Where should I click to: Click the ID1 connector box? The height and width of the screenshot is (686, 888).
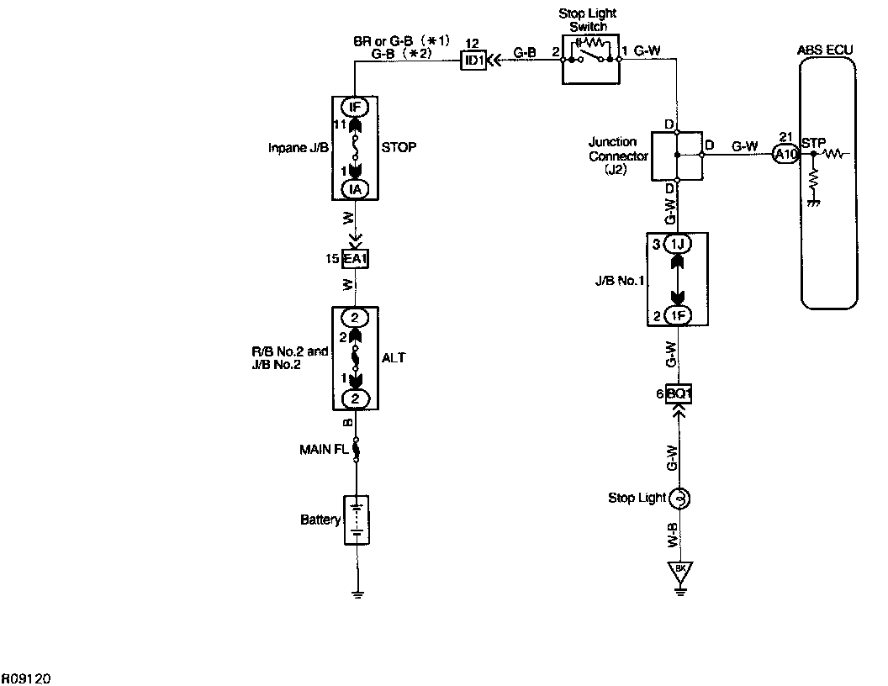473,60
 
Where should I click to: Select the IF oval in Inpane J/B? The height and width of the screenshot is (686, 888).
355,107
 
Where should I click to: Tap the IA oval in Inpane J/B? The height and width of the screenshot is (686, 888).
355,190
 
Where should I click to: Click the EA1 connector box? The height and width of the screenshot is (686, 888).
355,259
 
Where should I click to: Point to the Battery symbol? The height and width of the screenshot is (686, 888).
357,520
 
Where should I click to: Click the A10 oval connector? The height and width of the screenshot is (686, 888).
785,153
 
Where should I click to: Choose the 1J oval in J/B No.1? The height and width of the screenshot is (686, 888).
678,245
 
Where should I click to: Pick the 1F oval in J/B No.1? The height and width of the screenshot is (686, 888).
678,316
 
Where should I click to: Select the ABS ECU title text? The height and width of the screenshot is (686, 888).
824,50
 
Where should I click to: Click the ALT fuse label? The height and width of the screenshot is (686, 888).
394,358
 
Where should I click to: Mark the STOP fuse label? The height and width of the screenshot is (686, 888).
399,146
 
